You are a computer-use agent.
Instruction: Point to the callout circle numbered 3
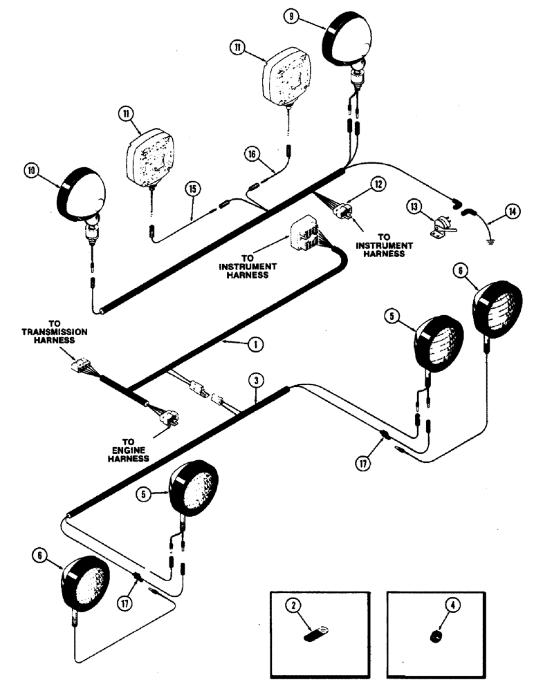click(256, 381)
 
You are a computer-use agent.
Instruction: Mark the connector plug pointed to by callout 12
click(342, 211)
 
